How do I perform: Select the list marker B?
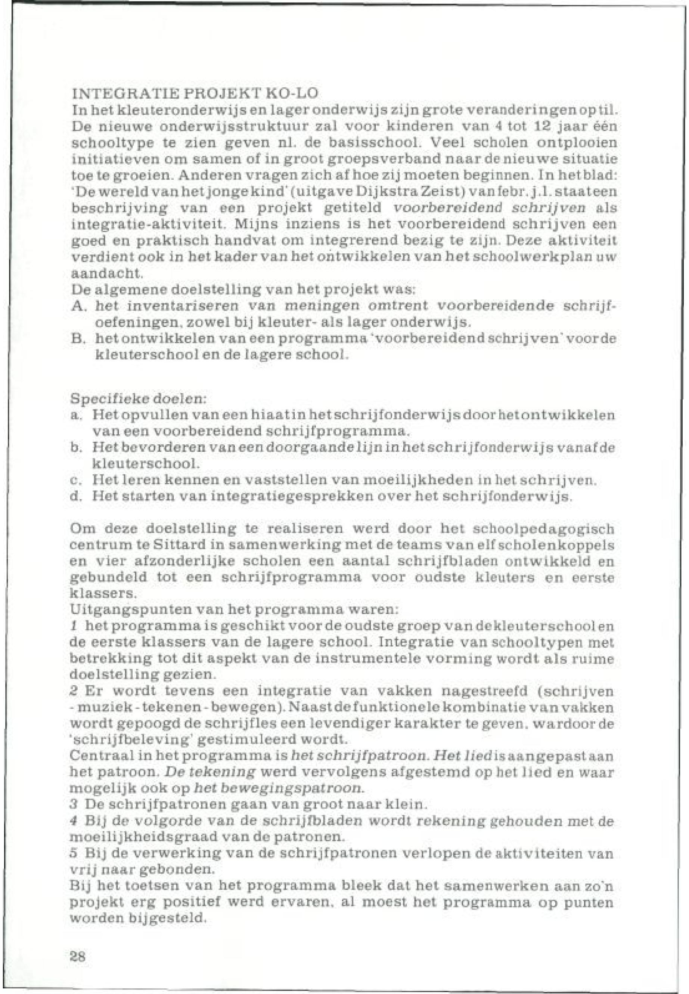(77, 338)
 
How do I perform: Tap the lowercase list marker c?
(74, 480)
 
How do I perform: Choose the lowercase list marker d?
(75, 496)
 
